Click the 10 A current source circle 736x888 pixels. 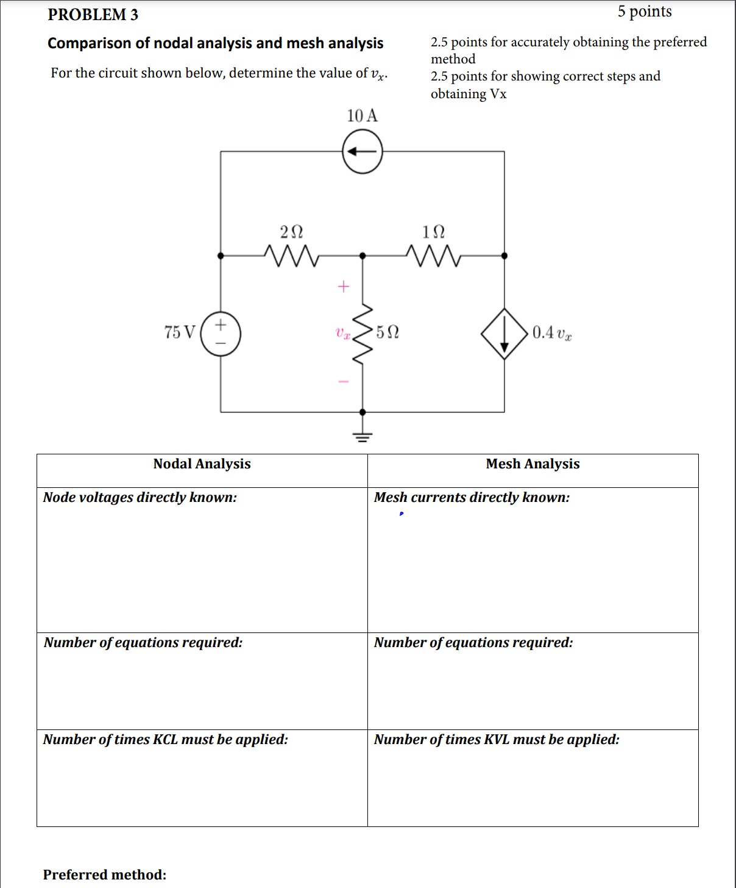coord(363,152)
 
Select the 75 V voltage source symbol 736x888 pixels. coord(221,334)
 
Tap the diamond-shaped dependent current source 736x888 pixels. coord(504,334)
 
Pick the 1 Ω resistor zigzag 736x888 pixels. coord(433,256)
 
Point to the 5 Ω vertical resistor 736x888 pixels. coord(363,334)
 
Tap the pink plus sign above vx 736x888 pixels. coord(344,286)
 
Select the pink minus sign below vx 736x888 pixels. coord(344,382)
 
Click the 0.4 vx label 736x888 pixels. coord(551,333)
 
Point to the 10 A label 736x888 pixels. coord(363,116)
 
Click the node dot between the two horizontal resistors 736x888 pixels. coord(363,256)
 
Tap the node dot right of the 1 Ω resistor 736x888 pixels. coord(504,256)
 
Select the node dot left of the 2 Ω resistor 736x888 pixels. coord(221,256)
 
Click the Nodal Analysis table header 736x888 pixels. coord(202,464)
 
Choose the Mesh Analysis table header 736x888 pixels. coord(533,464)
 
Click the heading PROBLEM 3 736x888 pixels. coord(93,15)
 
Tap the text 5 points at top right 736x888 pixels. coord(644,12)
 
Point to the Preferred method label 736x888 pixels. coord(105,875)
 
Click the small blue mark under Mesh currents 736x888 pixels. coord(401,514)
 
